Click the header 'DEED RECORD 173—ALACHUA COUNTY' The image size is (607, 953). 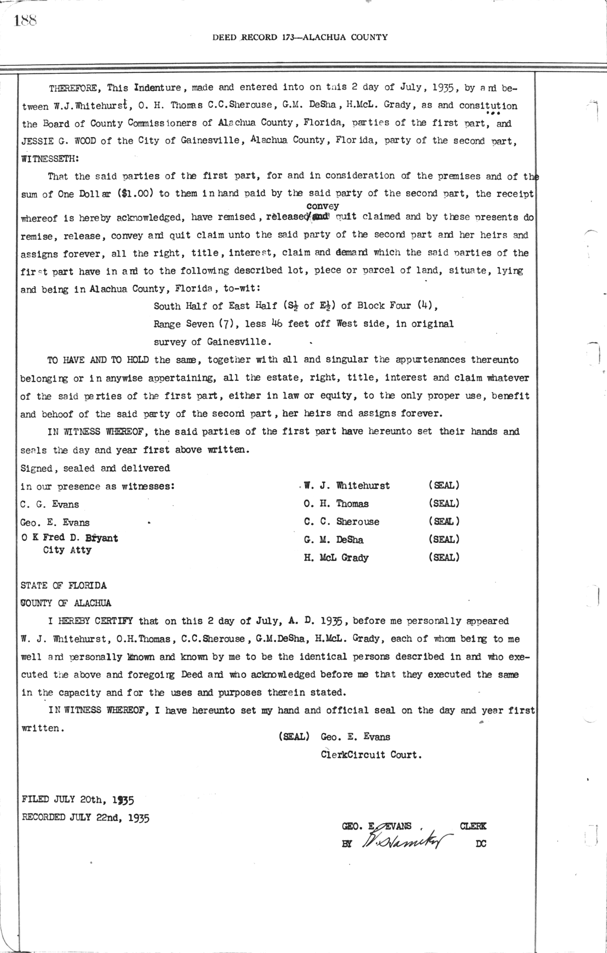pos(300,37)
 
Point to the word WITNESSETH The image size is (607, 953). pos(50,158)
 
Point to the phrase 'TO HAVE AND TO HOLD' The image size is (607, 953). pos(99,360)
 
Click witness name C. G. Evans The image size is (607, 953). pos(50,504)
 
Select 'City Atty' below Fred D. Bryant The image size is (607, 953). pos(67,550)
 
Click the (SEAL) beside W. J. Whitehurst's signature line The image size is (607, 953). pos(444,485)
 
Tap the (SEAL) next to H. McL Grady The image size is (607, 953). pos(444,557)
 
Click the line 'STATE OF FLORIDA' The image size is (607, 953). pos(64,585)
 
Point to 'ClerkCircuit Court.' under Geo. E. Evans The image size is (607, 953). pos(371,755)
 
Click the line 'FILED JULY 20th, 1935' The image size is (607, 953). pos(78,800)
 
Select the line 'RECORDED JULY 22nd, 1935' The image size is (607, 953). pos(85,817)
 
